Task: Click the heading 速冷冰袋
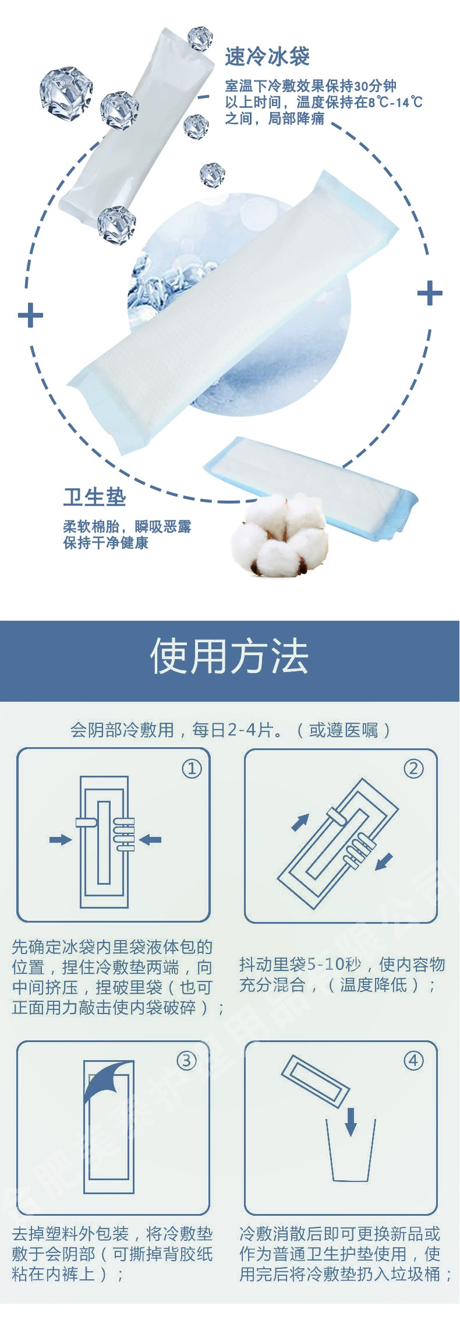pos(267,57)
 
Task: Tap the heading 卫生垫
pos(94,497)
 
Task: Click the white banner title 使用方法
pos(229,657)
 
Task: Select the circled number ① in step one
pos(192,769)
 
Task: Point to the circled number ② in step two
pos(413,769)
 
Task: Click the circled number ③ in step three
pos(186,1061)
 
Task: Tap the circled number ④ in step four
pos(413,1061)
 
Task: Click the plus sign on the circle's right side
pos(430,293)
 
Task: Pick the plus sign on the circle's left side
pos(30,315)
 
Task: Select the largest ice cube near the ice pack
pos(66,92)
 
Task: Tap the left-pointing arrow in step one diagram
pos(150,840)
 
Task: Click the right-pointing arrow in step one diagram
pos(61,840)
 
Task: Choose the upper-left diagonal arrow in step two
pos(300,822)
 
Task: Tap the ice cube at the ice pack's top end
pos(200,38)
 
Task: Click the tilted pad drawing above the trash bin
pos(315,1081)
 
